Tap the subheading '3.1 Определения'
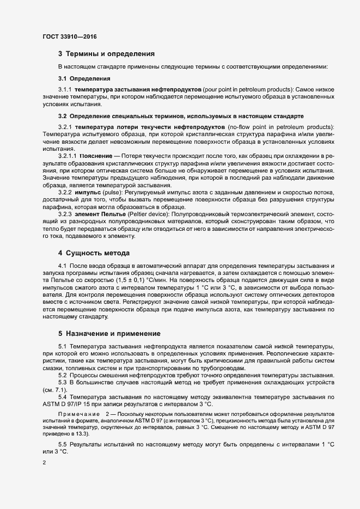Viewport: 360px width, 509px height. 76,78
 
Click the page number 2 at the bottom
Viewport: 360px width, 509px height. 44,463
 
